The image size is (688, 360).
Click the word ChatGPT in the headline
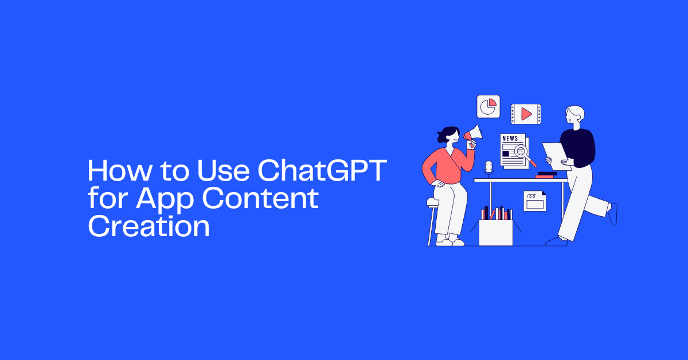320,171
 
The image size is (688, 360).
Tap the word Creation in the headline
148,226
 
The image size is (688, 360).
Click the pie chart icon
488,107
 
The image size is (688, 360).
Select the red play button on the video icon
526,114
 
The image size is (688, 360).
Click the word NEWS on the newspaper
509,139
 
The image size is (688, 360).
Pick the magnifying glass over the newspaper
523,152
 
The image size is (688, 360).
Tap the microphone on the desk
488,168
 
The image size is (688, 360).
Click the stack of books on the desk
546,175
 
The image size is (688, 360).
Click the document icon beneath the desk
534,201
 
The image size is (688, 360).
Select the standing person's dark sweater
578,147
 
